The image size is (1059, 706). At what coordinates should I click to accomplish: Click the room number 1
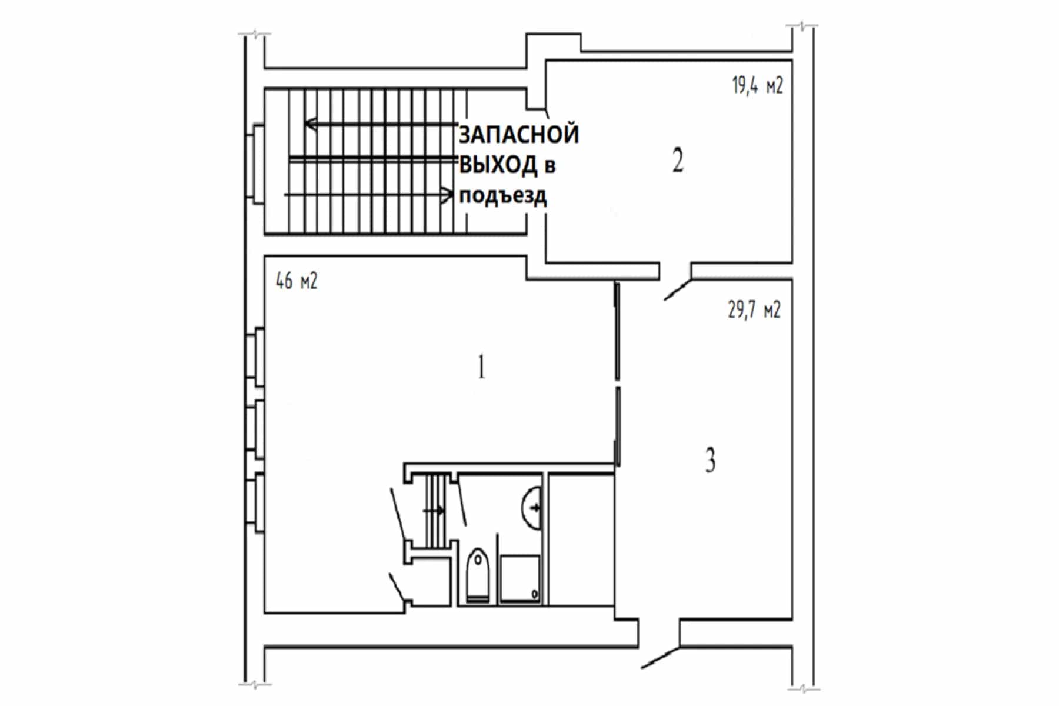[481, 368]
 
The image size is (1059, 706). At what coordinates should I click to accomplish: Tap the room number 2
[678, 160]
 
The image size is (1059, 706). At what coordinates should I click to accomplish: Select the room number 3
[711, 460]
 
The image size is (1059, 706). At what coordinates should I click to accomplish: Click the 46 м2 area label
[297, 282]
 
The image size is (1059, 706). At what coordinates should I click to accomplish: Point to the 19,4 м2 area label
[758, 86]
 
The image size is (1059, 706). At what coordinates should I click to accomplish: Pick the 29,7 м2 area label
[754, 309]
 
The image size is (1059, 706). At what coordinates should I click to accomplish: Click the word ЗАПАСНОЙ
[519, 135]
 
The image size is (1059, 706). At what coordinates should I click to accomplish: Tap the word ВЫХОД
[498, 165]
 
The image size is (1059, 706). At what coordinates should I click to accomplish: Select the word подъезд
[502, 195]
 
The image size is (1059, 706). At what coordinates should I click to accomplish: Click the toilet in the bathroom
[477, 575]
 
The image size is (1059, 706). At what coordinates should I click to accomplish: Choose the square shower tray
[519, 579]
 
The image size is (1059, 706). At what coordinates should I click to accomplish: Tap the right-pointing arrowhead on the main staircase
[447, 194]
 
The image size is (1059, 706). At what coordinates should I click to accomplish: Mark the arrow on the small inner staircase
[434, 511]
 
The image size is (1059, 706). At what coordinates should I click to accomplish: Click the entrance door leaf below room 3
[661, 657]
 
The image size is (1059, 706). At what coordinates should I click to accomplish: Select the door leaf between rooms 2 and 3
[678, 290]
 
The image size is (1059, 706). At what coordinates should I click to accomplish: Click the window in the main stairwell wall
[257, 164]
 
